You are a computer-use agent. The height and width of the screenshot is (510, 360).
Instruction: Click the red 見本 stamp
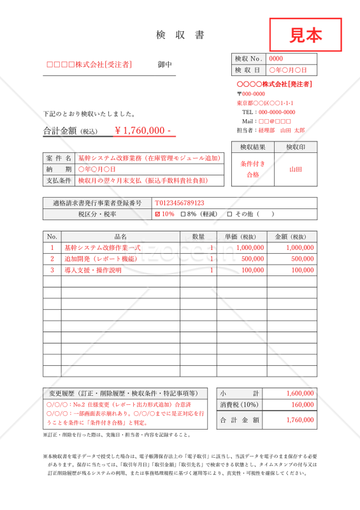[x=306, y=34]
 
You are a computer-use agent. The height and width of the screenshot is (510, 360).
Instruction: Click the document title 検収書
[x=180, y=35]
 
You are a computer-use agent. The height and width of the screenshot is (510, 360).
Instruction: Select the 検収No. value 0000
[x=277, y=59]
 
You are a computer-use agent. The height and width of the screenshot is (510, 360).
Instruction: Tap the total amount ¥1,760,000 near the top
[x=142, y=130]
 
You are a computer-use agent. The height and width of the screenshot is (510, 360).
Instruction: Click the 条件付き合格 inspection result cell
[x=252, y=169]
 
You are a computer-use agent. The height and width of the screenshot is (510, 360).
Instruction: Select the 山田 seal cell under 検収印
[x=296, y=169]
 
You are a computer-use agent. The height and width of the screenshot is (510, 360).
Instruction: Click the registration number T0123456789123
[x=179, y=203]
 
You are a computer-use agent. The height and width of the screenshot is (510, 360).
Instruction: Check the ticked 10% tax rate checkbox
[x=158, y=214]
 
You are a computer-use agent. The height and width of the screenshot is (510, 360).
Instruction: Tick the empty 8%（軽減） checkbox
[x=184, y=214]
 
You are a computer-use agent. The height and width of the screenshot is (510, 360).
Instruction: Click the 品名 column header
[x=120, y=236]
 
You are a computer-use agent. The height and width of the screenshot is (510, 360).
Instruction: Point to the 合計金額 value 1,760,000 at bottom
[x=300, y=419]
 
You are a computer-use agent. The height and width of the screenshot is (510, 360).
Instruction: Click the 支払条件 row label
[x=59, y=180]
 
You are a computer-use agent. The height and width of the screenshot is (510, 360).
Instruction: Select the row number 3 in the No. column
[x=52, y=270]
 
